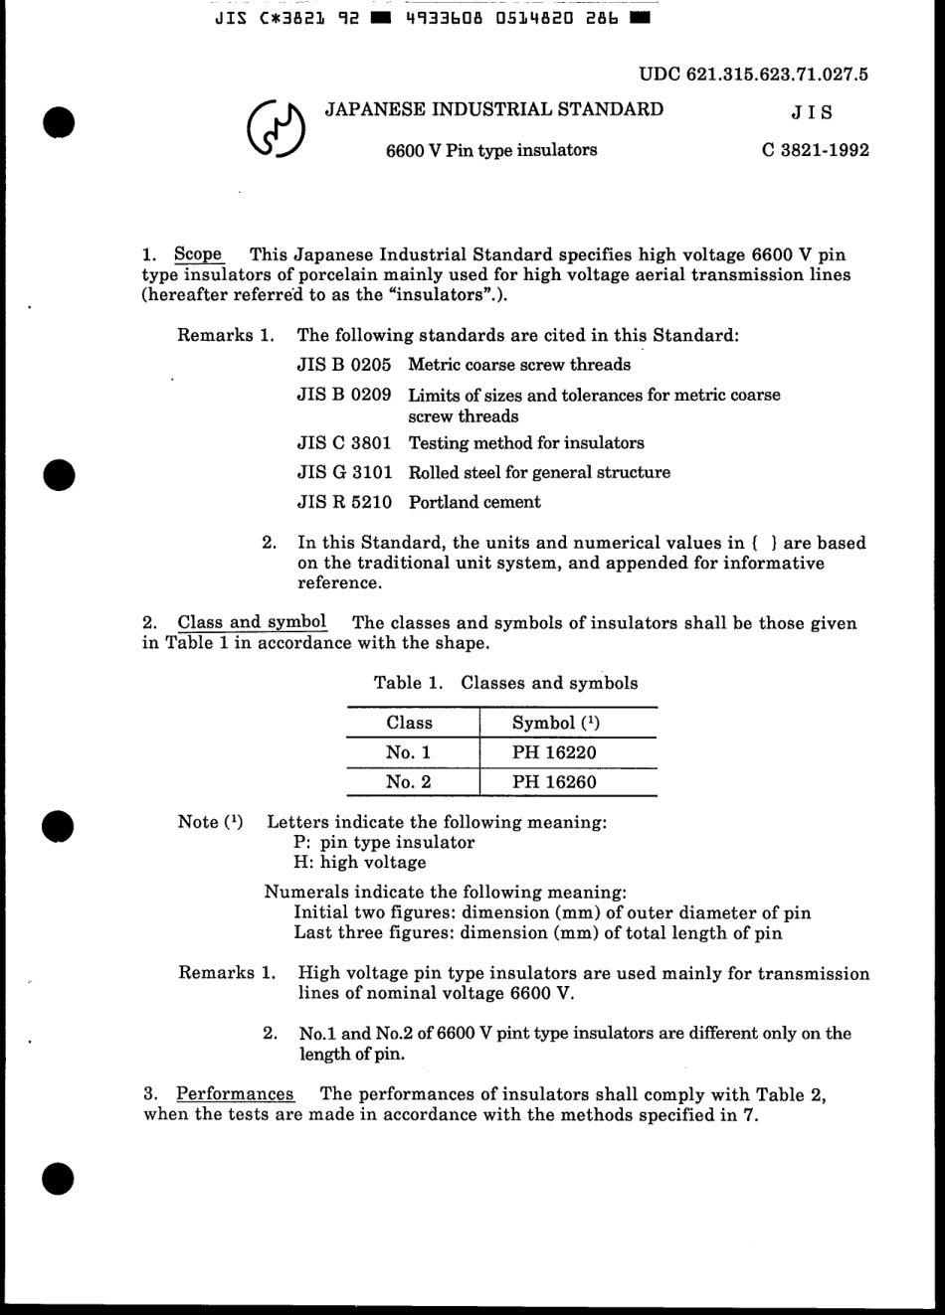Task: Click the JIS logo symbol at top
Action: pyautogui.click(x=276, y=130)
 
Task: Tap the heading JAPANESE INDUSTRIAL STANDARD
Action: pyautogui.click(x=494, y=109)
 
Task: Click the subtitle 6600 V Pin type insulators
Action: pyautogui.click(x=491, y=150)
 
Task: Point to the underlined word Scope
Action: pyautogui.click(x=198, y=254)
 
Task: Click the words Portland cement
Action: pyautogui.click(x=474, y=502)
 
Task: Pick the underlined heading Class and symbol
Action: pyautogui.click(x=252, y=623)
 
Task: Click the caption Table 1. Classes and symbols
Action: pyautogui.click(x=505, y=683)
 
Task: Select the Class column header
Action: pyautogui.click(x=410, y=723)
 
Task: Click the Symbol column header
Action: pyautogui.click(x=555, y=723)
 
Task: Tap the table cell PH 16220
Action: pyautogui.click(x=554, y=752)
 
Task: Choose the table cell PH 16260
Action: pyautogui.click(x=554, y=782)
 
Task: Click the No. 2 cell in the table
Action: pyautogui.click(x=409, y=782)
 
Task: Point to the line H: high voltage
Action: pyautogui.click(x=359, y=863)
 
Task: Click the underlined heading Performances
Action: pyautogui.click(x=235, y=1094)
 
